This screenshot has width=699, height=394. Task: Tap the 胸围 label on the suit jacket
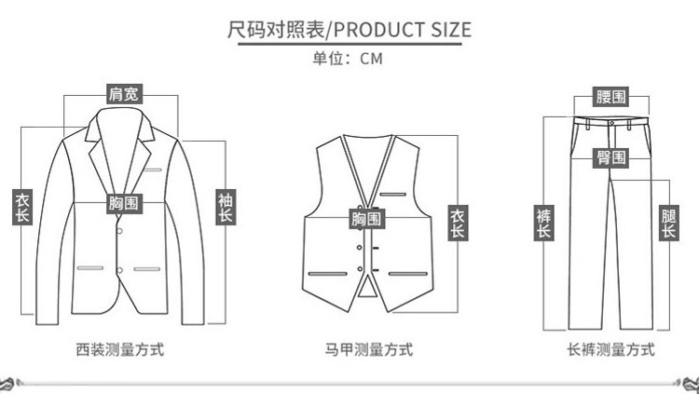(124, 202)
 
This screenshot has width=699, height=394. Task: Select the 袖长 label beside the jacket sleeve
(226, 208)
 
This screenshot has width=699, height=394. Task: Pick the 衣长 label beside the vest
(458, 224)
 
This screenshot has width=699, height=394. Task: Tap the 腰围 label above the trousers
(611, 97)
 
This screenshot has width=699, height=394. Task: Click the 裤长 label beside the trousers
(543, 224)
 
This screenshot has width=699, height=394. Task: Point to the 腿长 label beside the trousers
(668, 224)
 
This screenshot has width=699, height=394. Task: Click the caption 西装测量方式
(120, 350)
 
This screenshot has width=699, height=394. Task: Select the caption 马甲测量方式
(369, 350)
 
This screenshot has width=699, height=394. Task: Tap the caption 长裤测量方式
(611, 350)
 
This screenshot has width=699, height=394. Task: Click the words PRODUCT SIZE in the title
(402, 29)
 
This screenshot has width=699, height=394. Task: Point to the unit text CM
(371, 58)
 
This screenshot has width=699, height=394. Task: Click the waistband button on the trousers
(610, 121)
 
